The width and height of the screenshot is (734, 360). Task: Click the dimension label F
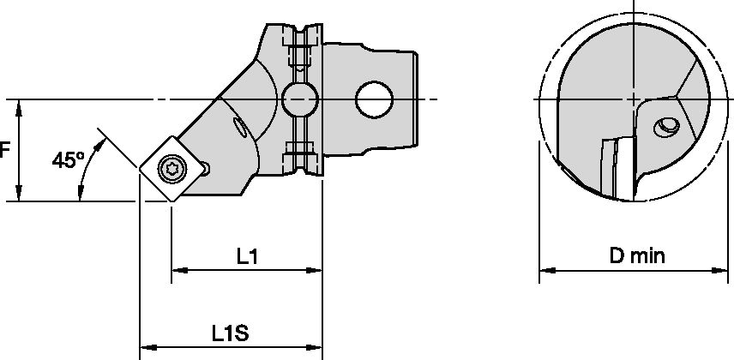[x=4, y=150]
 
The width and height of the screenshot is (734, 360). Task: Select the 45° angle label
[x=68, y=159]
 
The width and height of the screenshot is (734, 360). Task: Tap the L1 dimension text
[x=248, y=255]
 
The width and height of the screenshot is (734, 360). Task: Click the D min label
[x=636, y=255]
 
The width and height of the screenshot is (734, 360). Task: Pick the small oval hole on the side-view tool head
[x=239, y=129]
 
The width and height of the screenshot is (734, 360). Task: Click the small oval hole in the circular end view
[x=665, y=128]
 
